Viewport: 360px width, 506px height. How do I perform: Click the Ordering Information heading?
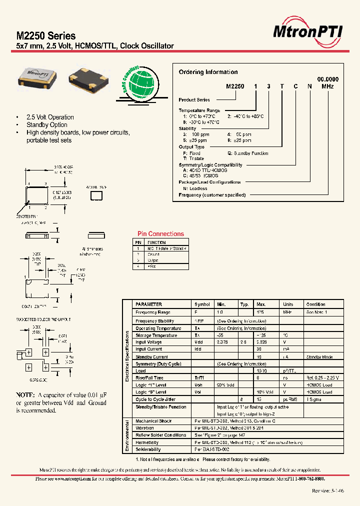(x=208, y=72)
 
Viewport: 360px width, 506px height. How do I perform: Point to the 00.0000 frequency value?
(x=327, y=79)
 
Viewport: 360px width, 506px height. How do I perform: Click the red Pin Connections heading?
(x=160, y=233)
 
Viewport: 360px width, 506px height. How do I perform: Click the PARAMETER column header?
(x=149, y=304)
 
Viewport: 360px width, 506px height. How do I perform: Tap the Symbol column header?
(x=202, y=304)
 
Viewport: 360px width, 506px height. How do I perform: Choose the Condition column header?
(x=315, y=304)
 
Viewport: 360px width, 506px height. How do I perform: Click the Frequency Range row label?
(x=153, y=312)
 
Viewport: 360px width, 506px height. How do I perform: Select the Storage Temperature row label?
(x=156, y=335)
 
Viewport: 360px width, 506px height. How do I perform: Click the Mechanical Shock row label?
(x=153, y=421)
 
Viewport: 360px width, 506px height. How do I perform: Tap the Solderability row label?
(x=149, y=449)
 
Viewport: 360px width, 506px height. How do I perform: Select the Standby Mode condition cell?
(x=319, y=357)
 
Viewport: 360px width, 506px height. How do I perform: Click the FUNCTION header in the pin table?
(x=156, y=242)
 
